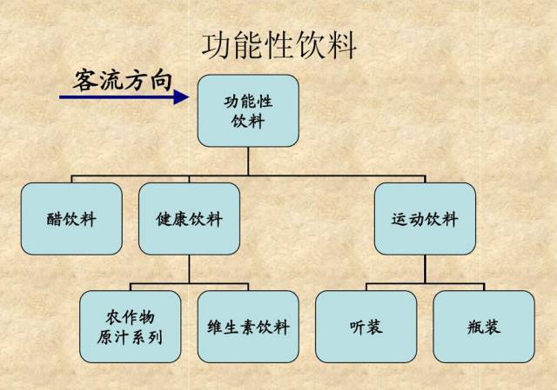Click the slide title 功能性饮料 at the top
[x=278, y=44]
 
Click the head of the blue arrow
[x=181, y=97]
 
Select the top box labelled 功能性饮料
[x=248, y=110]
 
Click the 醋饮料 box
[x=71, y=219]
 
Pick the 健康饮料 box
[x=189, y=219]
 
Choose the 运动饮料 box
[x=425, y=219]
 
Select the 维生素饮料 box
[x=248, y=327]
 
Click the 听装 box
[x=365, y=327]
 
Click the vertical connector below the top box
[x=248, y=162]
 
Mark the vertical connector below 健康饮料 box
[x=189, y=268]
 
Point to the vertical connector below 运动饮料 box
[x=425, y=268]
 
